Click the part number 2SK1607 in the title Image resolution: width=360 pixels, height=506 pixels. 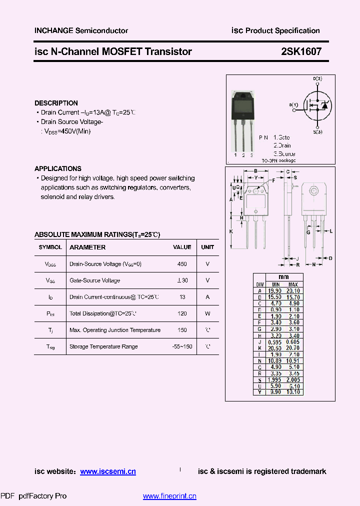(301, 51)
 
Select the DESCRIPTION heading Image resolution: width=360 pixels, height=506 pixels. (56, 103)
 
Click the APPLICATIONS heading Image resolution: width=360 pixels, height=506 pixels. (58, 168)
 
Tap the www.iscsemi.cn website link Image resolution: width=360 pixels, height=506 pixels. (108, 471)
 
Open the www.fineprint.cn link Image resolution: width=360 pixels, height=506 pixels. (169, 496)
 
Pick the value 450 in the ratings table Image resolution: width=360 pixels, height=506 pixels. (182, 264)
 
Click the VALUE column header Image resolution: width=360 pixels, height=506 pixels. (182, 247)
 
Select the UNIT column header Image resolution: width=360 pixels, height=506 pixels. (207, 247)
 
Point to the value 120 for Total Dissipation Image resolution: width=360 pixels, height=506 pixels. (182, 313)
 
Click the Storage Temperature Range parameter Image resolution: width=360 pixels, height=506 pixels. (103, 346)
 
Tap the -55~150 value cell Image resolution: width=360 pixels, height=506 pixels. (182, 346)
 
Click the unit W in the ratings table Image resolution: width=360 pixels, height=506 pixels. (207, 313)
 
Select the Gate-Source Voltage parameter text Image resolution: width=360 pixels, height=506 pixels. (94, 280)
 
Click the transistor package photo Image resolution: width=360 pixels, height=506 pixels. (243, 120)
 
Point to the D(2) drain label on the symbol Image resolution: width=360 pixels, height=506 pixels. (317, 79)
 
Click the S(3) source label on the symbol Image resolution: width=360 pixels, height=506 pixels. (317, 132)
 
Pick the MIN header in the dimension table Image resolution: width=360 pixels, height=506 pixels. (275, 284)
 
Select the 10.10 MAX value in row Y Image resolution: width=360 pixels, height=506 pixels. (293, 392)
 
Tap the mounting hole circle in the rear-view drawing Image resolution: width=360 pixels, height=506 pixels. (314, 191)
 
